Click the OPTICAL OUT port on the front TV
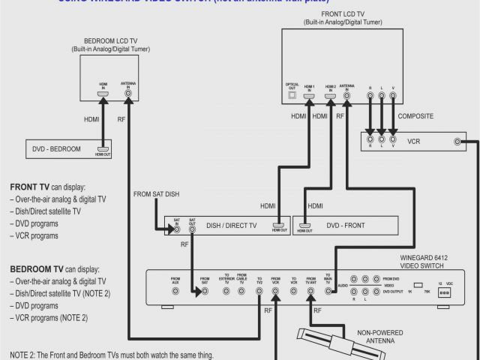[x=292, y=97]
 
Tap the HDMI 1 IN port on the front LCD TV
[x=309, y=97]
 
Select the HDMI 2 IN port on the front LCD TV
[x=328, y=97]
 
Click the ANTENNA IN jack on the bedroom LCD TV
[x=128, y=96]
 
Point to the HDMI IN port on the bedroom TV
[x=103, y=96]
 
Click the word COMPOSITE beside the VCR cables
[x=415, y=117]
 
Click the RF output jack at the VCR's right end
[x=457, y=142]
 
